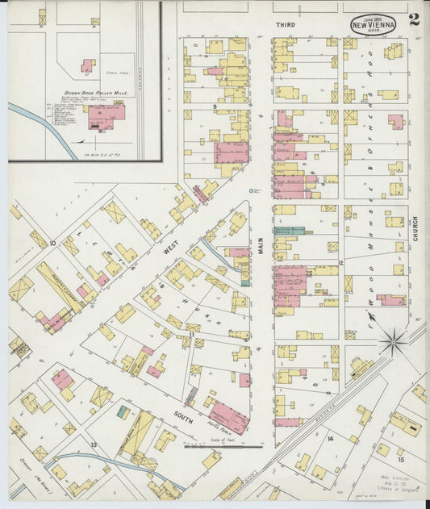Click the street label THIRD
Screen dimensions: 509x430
coord(285,25)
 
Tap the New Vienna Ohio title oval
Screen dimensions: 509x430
coord(373,24)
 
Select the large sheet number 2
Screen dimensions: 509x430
coord(414,19)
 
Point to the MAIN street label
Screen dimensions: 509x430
coord(261,243)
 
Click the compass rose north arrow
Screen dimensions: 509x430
coord(394,341)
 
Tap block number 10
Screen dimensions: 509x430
coord(52,242)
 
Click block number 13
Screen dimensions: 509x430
coord(94,444)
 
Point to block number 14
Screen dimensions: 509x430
coord(330,438)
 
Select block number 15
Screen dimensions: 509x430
coord(400,459)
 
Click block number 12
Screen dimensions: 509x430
coord(341,263)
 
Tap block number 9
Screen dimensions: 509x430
coord(215,106)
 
